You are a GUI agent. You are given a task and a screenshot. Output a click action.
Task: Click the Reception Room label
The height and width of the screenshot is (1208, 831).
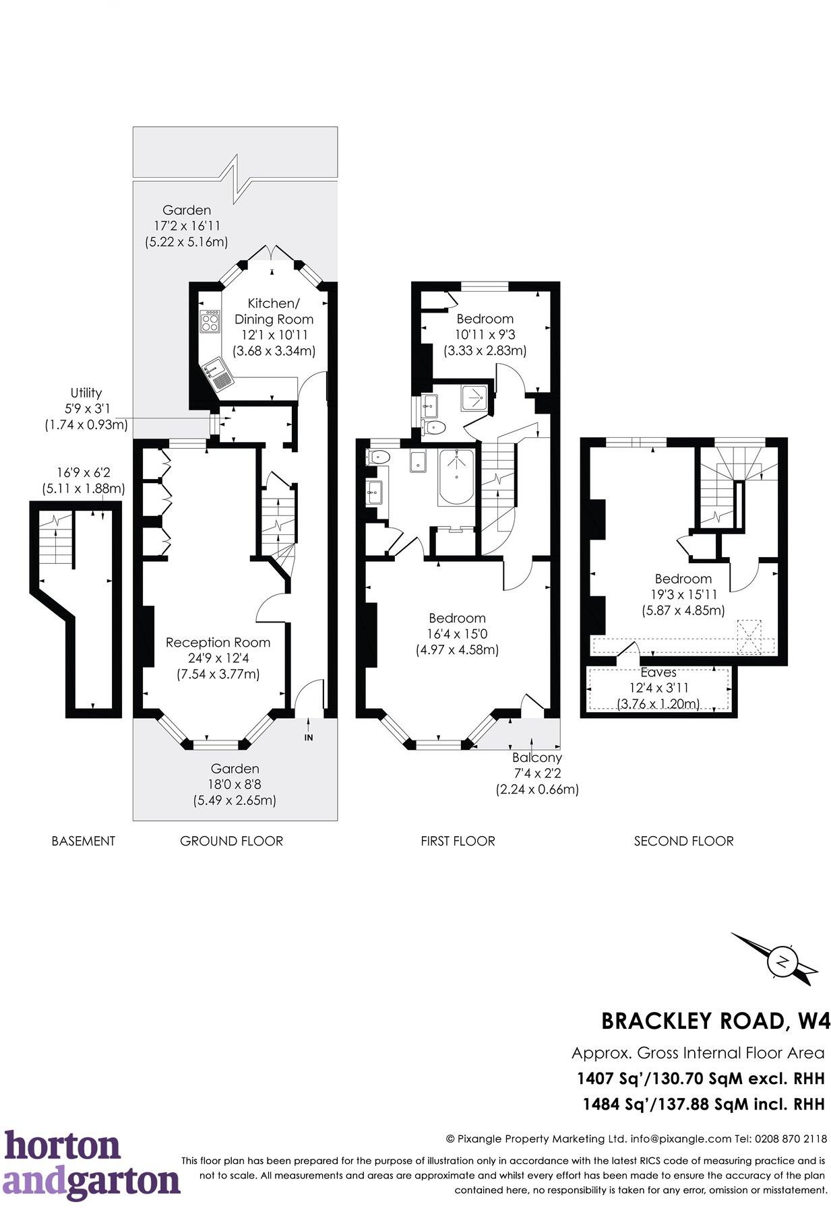(218, 642)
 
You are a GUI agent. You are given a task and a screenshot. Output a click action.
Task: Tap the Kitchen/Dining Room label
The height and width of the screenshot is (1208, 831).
(273, 311)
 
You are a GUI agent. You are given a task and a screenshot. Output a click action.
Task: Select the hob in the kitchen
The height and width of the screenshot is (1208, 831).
(210, 320)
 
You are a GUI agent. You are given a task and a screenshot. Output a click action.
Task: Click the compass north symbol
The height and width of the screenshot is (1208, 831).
(782, 961)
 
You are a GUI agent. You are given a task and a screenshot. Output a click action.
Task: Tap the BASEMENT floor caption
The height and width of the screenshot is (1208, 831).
(83, 841)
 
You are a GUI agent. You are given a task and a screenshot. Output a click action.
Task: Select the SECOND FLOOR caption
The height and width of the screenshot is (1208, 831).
(683, 841)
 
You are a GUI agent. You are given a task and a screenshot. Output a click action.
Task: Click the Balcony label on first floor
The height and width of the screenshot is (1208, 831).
(536, 757)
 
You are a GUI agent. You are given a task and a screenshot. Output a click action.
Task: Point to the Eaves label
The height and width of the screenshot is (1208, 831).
(658, 672)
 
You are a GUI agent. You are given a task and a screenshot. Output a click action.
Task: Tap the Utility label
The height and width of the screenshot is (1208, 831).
(86, 393)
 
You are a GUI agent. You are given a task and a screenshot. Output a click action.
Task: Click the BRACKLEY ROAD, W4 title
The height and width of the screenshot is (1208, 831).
(715, 1020)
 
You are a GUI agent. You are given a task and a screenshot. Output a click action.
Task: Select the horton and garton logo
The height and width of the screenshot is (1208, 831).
(91, 1165)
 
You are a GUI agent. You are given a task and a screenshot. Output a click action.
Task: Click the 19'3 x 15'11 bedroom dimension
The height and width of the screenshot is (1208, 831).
(683, 594)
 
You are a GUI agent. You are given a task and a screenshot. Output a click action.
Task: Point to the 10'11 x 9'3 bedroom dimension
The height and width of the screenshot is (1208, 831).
(485, 334)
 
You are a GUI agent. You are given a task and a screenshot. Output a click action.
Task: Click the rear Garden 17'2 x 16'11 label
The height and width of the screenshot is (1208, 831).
(186, 226)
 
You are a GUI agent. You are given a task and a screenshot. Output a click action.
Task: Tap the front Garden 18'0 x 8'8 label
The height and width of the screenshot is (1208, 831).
(235, 784)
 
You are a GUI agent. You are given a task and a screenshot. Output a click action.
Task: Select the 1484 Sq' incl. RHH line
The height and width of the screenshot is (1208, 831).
(703, 1104)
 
